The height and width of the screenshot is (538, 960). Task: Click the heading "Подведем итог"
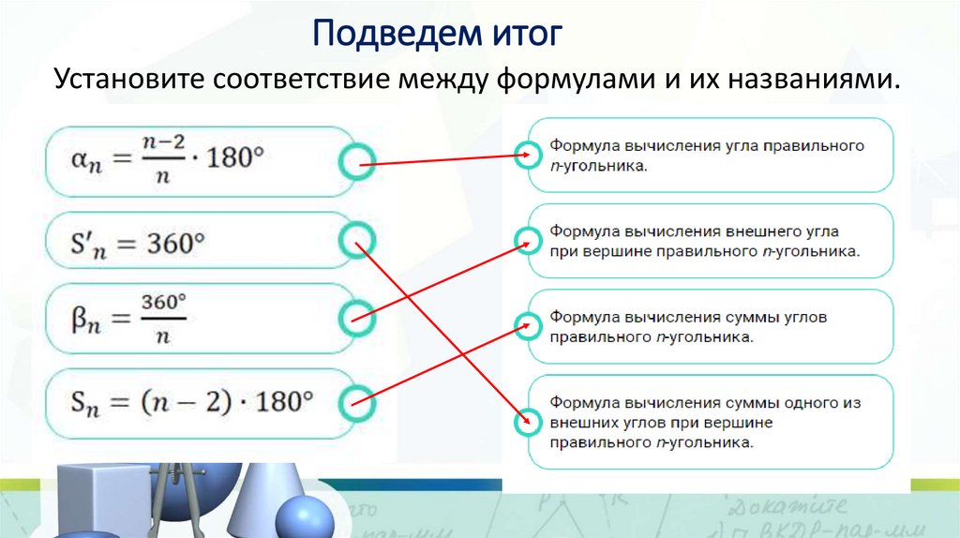coord(437,35)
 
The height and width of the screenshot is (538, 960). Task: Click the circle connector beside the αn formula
coord(355,163)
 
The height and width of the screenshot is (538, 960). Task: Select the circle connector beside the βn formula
coord(357,319)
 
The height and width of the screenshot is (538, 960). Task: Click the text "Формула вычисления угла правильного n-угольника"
coord(705,156)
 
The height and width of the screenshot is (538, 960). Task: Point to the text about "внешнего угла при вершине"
coord(705,240)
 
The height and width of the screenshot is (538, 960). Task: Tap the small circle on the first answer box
coord(529,152)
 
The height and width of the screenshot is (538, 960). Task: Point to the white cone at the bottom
coord(252,497)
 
